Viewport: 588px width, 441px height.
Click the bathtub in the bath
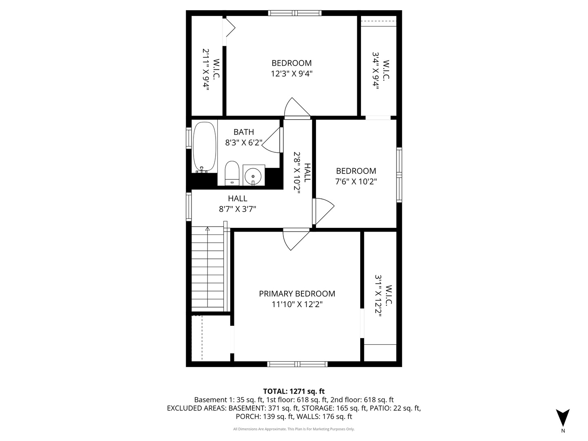(x=205, y=147)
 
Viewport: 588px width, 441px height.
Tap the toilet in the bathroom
(x=232, y=173)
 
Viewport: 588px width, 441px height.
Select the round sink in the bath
(x=253, y=176)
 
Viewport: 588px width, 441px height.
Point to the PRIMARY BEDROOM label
(x=297, y=294)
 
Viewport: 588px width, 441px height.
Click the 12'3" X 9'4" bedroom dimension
(x=292, y=73)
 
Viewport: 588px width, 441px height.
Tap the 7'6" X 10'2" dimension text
(x=356, y=182)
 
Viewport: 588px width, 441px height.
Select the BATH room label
(x=243, y=132)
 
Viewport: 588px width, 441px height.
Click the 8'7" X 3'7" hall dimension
(x=237, y=209)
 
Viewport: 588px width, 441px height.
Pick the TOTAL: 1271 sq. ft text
(x=294, y=391)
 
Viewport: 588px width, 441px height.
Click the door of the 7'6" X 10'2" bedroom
(x=323, y=211)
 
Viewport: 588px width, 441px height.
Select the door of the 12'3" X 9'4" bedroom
(x=297, y=108)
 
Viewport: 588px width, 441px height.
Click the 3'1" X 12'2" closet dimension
(x=378, y=296)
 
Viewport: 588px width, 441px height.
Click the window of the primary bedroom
(x=297, y=364)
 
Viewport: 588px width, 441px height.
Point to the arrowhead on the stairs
(x=207, y=229)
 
